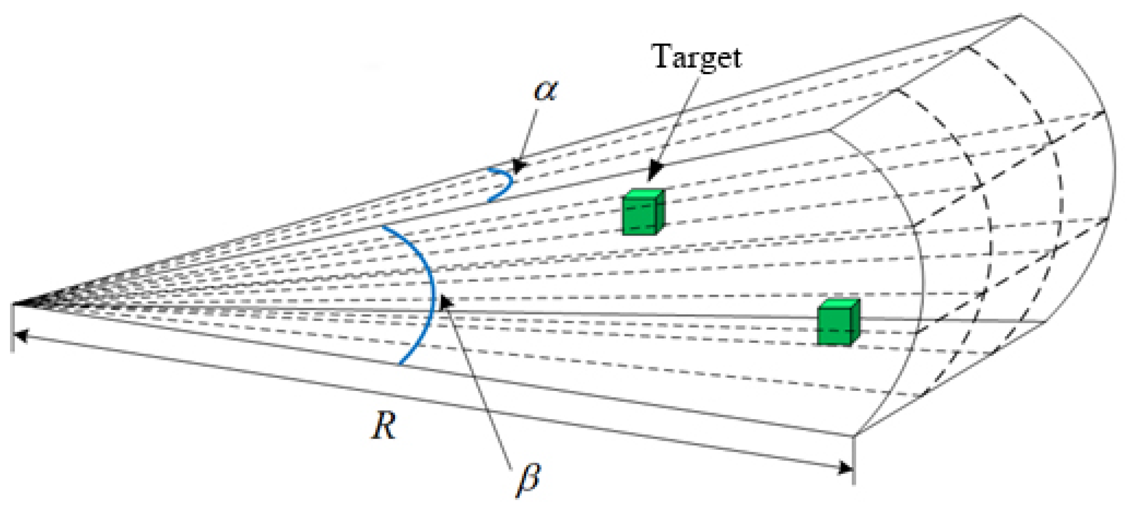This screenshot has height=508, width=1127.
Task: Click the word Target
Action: [x=697, y=57]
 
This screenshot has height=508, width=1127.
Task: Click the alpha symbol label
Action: [x=545, y=90]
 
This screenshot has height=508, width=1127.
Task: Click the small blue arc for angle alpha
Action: [x=504, y=184]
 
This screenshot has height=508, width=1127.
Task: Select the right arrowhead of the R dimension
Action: [x=845, y=468]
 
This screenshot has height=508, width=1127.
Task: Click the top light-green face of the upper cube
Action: [x=643, y=194]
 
